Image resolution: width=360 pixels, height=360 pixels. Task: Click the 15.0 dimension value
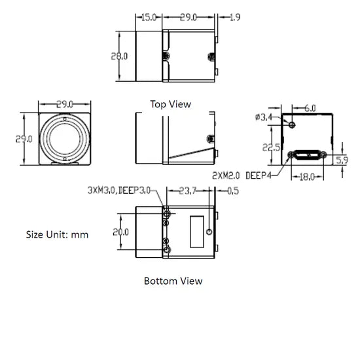tap(149, 18)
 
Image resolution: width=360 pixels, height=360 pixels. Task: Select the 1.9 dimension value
tap(234, 18)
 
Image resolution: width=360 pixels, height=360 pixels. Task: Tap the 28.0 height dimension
tap(119, 56)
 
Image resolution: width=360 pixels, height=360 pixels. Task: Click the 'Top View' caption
tap(170, 103)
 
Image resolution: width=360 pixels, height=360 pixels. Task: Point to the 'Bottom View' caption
tap(173, 281)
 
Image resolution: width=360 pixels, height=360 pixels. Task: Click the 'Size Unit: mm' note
tap(57, 234)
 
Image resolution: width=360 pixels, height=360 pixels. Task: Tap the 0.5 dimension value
tap(232, 191)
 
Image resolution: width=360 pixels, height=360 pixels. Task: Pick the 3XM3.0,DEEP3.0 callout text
tap(118, 190)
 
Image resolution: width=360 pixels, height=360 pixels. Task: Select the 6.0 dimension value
tap(310, 107)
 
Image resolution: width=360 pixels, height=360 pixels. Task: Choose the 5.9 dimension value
tap(341, 160)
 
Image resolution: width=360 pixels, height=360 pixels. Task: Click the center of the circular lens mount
tap(63, 139)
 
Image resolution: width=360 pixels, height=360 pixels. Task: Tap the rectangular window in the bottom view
tap(196, 232)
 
